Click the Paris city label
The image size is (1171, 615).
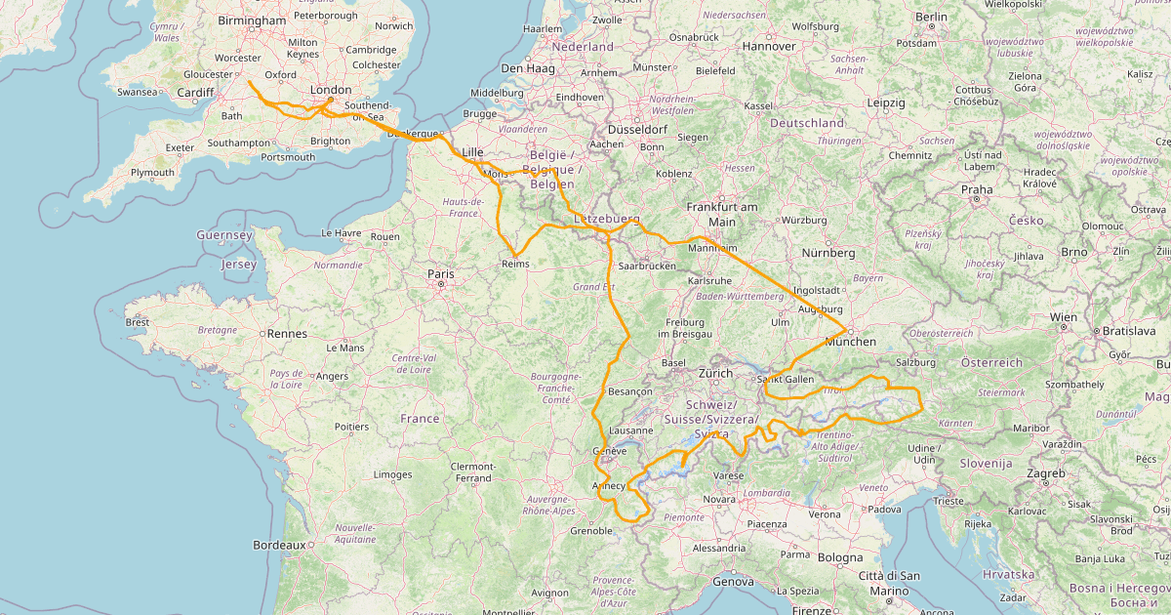440,274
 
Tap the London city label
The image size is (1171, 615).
330,90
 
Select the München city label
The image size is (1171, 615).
850,341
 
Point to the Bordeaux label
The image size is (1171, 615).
279,544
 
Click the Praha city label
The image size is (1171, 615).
976,189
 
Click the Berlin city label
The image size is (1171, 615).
931,17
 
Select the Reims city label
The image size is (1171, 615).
515,264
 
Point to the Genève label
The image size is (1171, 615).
610,451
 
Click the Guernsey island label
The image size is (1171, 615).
224,235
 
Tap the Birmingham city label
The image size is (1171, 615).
252,20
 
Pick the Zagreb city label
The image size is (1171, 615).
1045,472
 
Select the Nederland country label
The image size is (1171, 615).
583,46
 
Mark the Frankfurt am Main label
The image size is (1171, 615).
722,214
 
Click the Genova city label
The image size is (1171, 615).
733,581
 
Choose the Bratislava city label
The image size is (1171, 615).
1128,331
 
